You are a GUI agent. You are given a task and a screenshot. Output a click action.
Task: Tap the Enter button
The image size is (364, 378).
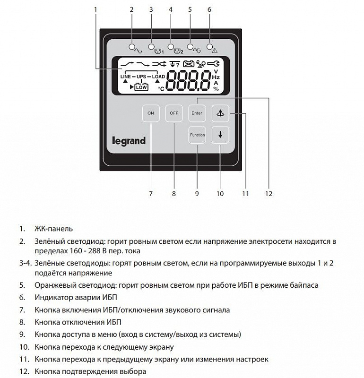[197, 113]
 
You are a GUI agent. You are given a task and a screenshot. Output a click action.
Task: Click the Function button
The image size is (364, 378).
[197, 135]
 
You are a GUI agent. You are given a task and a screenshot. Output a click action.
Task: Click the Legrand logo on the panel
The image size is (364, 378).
[129, 141]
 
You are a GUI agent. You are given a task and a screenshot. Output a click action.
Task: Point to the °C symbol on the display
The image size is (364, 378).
[161, 88]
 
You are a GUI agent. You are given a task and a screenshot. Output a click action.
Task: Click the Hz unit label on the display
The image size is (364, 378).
[216, 77]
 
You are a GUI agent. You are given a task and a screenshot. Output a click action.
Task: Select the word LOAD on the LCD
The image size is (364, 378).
[158, 76]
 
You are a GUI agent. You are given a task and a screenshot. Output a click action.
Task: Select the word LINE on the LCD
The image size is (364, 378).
[125, 76]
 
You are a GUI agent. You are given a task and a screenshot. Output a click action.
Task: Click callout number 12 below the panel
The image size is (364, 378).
[269, 194]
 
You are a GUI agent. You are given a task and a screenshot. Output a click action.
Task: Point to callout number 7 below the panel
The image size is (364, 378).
[151, 194]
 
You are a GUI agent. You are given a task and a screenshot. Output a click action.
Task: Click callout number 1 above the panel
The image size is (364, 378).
[95, 9]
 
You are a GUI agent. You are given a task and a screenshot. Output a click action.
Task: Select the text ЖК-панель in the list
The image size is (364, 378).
[53, 229]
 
